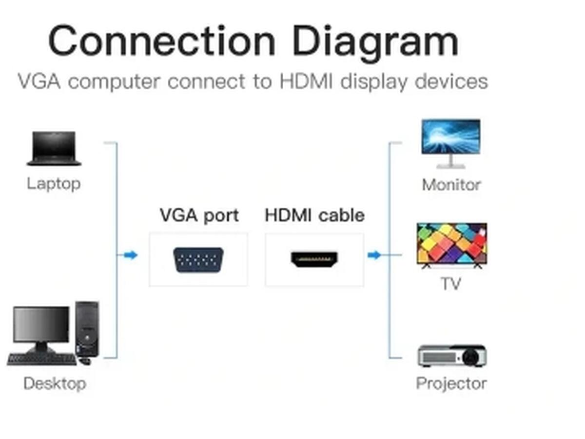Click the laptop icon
(x=54, y=148)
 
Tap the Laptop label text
(x=54, y=184)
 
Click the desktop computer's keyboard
(x=41, y=359)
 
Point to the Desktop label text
(x=55, y=384)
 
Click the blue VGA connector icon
(x=198, y=260)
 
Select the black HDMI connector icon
(x=314, y=259)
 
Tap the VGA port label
(x=199, y=216)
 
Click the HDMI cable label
(x=314, y=215)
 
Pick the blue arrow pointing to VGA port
(x=131, y=255)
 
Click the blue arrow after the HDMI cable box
(x=374, y=255)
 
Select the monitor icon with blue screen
(x=451, y=144)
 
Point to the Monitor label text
(x=451, y=185)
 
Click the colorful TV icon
(x=452, y=246)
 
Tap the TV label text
(x=451, y=283)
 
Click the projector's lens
(x=470, y=357)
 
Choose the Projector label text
(x=451, y=384)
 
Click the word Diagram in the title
(x=375, y=42)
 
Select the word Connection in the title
(x=161, y=41)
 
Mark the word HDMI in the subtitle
(x=306, y=81)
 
